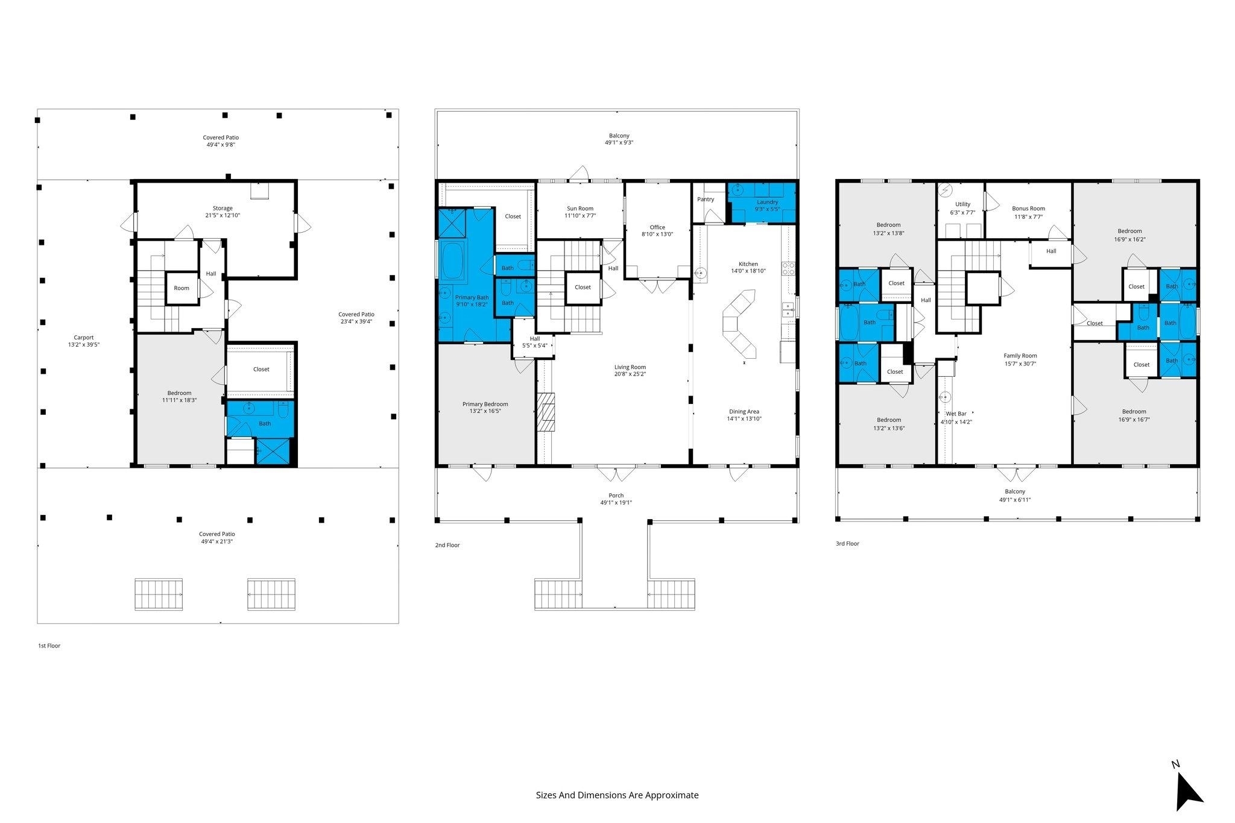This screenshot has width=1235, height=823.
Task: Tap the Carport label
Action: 84,338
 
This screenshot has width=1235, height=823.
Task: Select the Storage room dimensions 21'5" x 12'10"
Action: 223,215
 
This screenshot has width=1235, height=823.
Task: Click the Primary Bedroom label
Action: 485,404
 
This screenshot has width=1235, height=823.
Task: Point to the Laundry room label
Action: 767,202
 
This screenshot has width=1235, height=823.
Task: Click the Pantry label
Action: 706,199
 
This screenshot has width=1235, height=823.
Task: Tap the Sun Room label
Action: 580,209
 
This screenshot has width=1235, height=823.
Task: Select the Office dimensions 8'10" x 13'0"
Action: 657,235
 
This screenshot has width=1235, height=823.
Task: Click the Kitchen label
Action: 748,264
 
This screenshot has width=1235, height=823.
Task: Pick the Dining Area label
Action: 744,412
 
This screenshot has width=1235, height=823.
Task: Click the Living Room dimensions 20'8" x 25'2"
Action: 630,374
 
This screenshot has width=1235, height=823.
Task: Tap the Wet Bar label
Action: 956,414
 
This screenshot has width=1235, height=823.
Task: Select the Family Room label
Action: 1020,356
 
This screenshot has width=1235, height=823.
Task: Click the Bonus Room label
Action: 1029,209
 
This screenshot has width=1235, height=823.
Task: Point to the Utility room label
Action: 963,204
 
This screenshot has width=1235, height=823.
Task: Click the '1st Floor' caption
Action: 49,646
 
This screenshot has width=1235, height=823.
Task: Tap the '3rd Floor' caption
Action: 847,543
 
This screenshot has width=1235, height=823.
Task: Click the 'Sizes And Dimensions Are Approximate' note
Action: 617,795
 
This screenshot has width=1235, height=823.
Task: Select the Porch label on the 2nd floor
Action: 616,496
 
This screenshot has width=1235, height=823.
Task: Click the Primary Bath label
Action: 472,297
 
